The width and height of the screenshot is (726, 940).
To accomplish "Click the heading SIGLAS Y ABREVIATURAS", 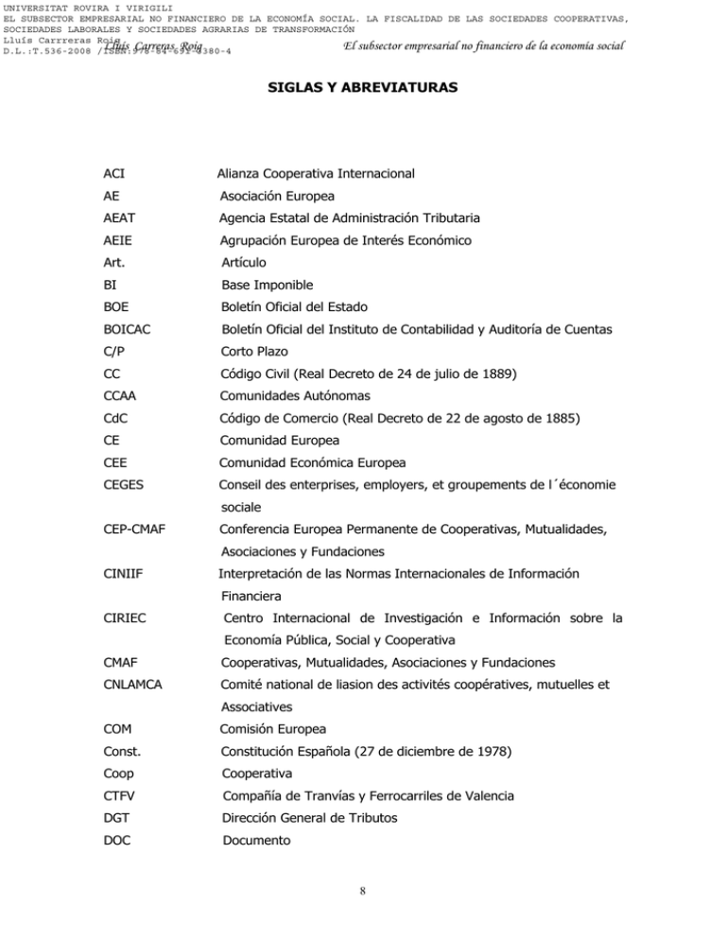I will (x=363, y=87).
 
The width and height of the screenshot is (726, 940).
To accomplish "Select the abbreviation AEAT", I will (x=120, y=218).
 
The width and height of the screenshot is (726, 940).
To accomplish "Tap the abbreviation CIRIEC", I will (x=125, y=619).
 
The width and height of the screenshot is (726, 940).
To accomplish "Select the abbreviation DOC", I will (x=118, y=840).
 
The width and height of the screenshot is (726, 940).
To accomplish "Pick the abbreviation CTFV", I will (x=121, y=795).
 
